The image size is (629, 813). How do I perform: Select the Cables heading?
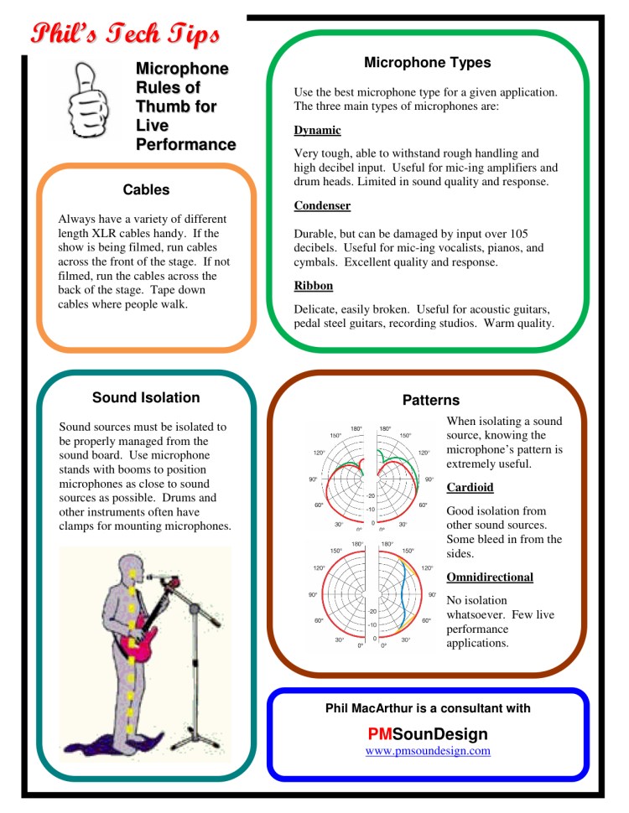(146, 189)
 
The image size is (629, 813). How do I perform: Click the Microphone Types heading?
(428, 63)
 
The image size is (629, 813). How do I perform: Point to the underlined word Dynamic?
(317, 131)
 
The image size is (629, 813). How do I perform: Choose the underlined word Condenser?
(322, 205)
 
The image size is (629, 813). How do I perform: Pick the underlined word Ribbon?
(313, 286)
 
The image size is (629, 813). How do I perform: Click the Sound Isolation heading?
(146, 397)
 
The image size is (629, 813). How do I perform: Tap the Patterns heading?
(431, 400)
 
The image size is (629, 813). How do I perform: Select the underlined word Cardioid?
(470, 487)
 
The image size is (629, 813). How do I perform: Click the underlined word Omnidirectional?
(490, 577)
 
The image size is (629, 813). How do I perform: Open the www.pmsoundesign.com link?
(428, 751)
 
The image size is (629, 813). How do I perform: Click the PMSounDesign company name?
(428, 734)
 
